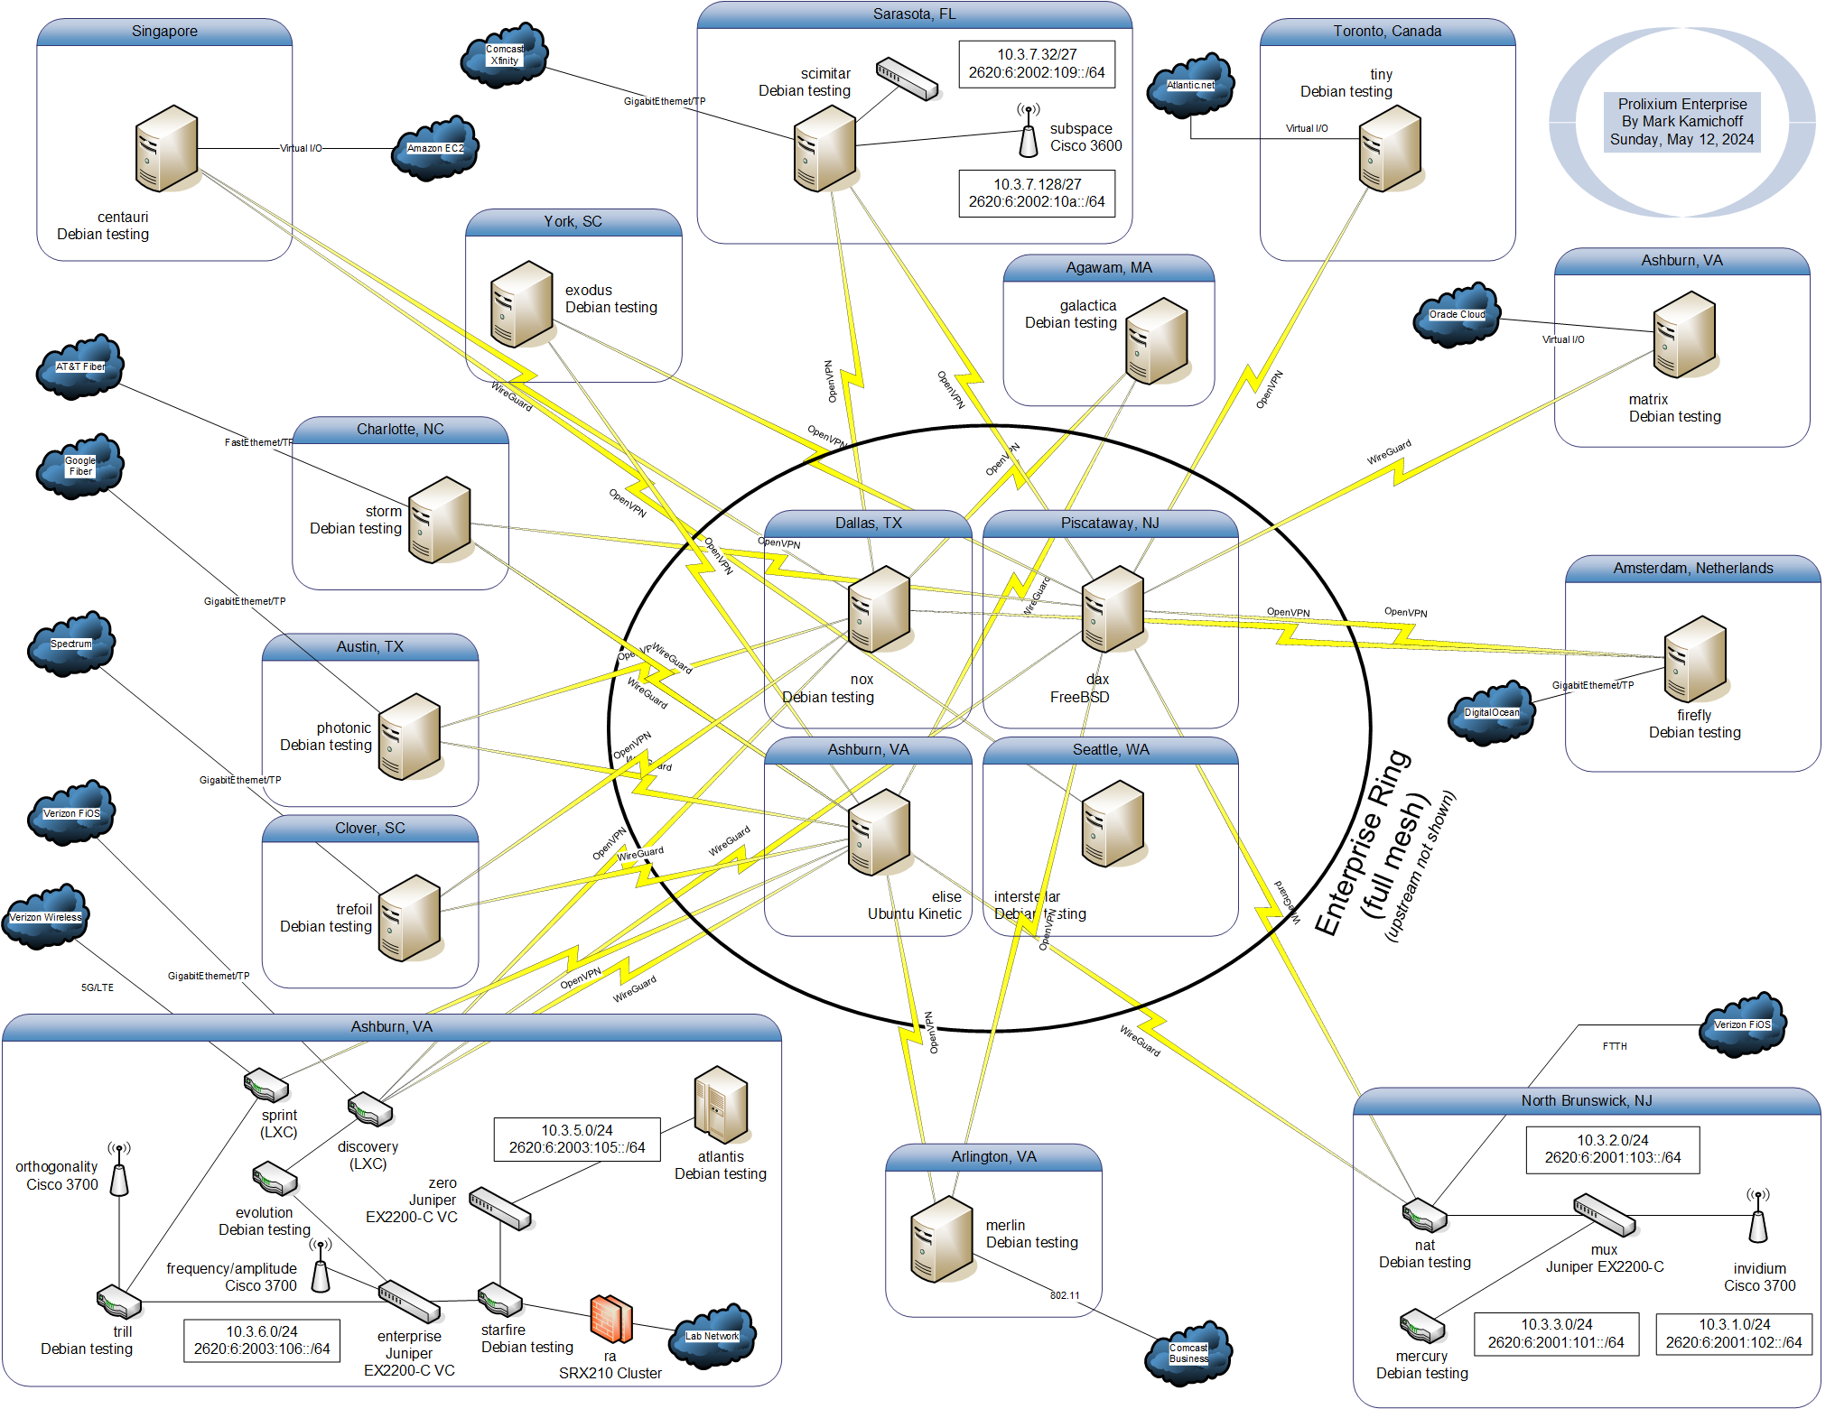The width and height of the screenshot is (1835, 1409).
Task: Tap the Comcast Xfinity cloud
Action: pos(504,56)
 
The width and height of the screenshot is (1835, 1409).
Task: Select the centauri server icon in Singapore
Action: pos(166,148)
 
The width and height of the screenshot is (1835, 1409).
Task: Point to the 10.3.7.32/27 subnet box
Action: pos(1036,64)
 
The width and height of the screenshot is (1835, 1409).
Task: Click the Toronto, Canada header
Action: pos(1386,32)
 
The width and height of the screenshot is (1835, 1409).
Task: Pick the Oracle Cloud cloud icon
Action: pos(1456,315)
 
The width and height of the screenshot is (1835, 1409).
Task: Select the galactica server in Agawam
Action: pos(1156,341)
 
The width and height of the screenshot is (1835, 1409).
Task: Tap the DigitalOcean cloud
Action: pos(1491,713)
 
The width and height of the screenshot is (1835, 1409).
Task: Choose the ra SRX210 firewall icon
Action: pos(610,1319)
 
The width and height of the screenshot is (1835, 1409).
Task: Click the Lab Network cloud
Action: pos(712,1336)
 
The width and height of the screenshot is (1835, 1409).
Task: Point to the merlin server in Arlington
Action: pos(941,1238)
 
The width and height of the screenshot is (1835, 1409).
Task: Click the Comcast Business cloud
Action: pos(1188,1353)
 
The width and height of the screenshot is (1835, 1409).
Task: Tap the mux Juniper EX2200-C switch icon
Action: pos(1604,1215)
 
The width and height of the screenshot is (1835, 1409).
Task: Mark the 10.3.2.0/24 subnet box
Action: pos(1612,1149)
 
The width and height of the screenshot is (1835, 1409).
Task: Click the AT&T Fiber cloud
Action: pos(79,366)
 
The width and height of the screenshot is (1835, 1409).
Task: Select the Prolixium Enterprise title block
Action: pos(1681,122)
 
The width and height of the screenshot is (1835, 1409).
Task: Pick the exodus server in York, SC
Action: pos(521,304)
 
